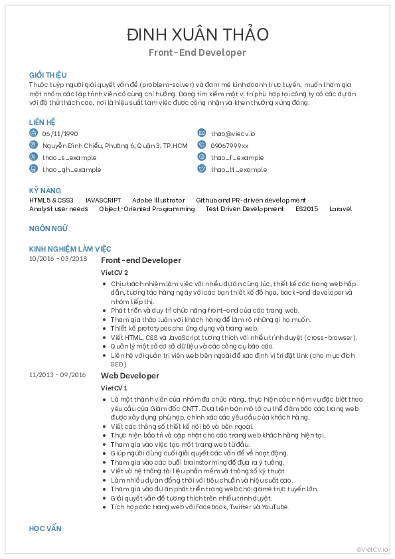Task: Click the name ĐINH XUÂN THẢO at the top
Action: pos(197,35)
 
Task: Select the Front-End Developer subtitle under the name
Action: pos(197,52)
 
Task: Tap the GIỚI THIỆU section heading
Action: pos(48,75)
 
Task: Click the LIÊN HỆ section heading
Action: pos(42,122)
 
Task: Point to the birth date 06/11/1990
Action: pos(60,133)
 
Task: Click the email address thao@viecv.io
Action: pos(232,133)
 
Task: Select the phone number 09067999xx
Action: pos(230,145)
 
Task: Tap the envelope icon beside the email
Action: pos(202,133)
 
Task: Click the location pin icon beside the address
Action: pos(33,145)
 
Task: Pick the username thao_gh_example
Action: pos(72,169)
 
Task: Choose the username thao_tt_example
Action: pos(239,169)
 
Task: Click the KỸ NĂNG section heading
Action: pos(45,191)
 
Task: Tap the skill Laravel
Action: pos(341,209)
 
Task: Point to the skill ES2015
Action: pos(307,209)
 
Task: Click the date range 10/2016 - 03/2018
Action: pos(58,258)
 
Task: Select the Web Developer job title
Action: pos(130,376)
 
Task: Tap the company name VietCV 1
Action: pos(114,388)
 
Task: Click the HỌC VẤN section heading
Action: pos(45,528)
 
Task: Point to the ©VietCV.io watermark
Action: pos(373,548)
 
